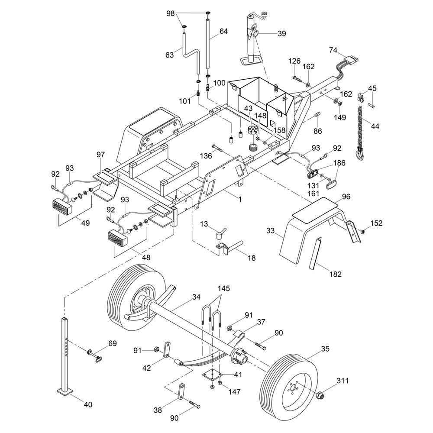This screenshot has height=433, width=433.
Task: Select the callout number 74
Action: coord(333,50)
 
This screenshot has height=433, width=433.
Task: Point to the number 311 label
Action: coord(342,381)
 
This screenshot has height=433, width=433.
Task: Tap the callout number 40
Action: coord(87,405)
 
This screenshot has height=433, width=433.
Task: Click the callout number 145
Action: coord(224,288)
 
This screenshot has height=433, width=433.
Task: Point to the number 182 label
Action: coord(336,274)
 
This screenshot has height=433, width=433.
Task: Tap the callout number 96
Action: coord(346,197)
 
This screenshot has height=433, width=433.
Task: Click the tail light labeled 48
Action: coord(117,238)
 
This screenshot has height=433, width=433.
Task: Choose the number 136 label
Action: coord(206,155)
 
